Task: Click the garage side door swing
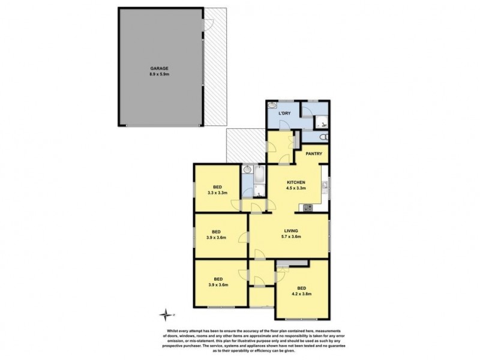(208, 26)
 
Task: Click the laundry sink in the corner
(271, 106)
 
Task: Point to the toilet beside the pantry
(323, 137)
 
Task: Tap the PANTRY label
(315, 154)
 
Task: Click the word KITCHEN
(297, 182)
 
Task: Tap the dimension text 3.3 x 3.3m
(216, 193)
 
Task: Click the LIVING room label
(291, 230)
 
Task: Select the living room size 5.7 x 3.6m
(291, 236)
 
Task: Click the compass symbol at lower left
(165, 313)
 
